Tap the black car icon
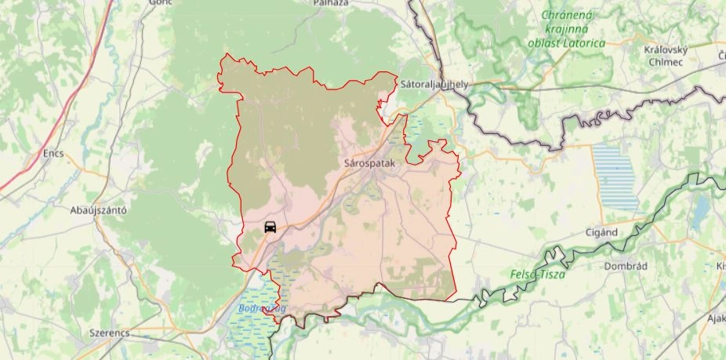tap(270, 228)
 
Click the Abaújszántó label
tap(99, 210)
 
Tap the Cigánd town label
tap(602, 233)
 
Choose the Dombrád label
tap(625, 266)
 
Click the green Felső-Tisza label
tap(536, 275)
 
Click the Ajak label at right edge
tap(716, 318)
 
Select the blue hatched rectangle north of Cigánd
tap(616, 177)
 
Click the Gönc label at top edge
tap(159, 3)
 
